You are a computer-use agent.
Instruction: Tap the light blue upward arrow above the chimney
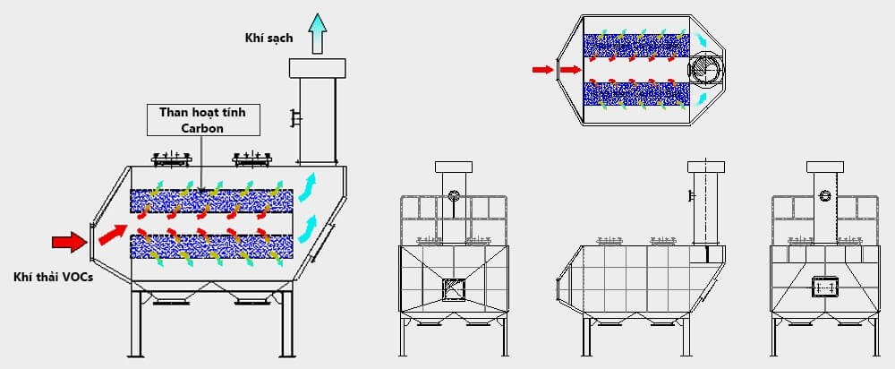317,33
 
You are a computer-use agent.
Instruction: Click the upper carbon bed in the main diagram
204,202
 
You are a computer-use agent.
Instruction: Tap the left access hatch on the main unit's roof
172,159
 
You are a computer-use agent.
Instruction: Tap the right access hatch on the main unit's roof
252,159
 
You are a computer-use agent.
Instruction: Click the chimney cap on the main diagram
317,67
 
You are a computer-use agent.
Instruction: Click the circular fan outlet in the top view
702,69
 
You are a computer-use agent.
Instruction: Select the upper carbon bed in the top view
635,45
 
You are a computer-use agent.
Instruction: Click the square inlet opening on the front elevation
454,288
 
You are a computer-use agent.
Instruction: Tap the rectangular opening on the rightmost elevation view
823,287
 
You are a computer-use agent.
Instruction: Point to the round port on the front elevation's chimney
454,196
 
